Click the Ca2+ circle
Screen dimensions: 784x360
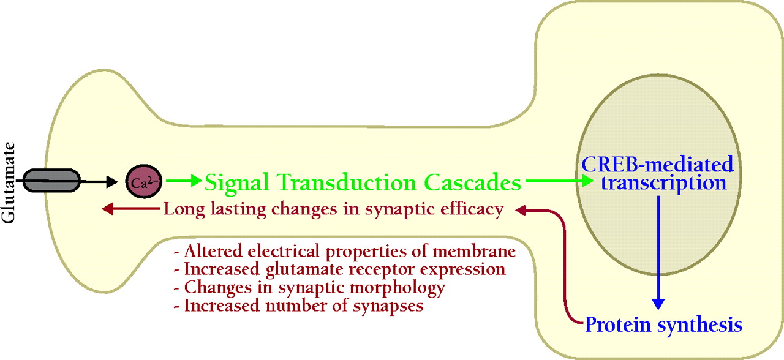point(143,182)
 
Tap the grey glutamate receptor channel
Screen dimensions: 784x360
point(52,181)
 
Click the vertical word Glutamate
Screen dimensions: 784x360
point(8,182)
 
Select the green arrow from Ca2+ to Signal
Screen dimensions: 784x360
point(184,181)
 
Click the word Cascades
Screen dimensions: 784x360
point(473,182)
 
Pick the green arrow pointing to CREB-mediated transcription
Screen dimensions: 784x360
point(560,181)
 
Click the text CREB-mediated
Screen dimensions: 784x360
point(657,164)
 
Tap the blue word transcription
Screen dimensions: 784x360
point(663,183)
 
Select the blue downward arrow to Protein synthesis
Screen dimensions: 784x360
point(658,253)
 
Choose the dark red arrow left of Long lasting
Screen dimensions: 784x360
point(131,209)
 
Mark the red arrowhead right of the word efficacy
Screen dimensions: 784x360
point(521,210)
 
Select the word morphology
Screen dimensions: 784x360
point(398,288)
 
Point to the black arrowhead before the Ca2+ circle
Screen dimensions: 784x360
point(112,182)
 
